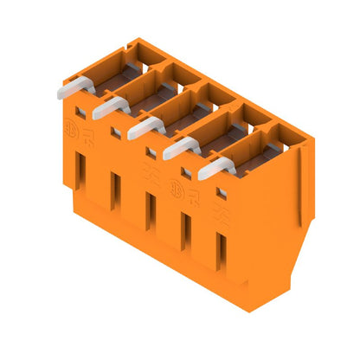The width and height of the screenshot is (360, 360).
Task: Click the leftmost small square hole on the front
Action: (x=80, y=112)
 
